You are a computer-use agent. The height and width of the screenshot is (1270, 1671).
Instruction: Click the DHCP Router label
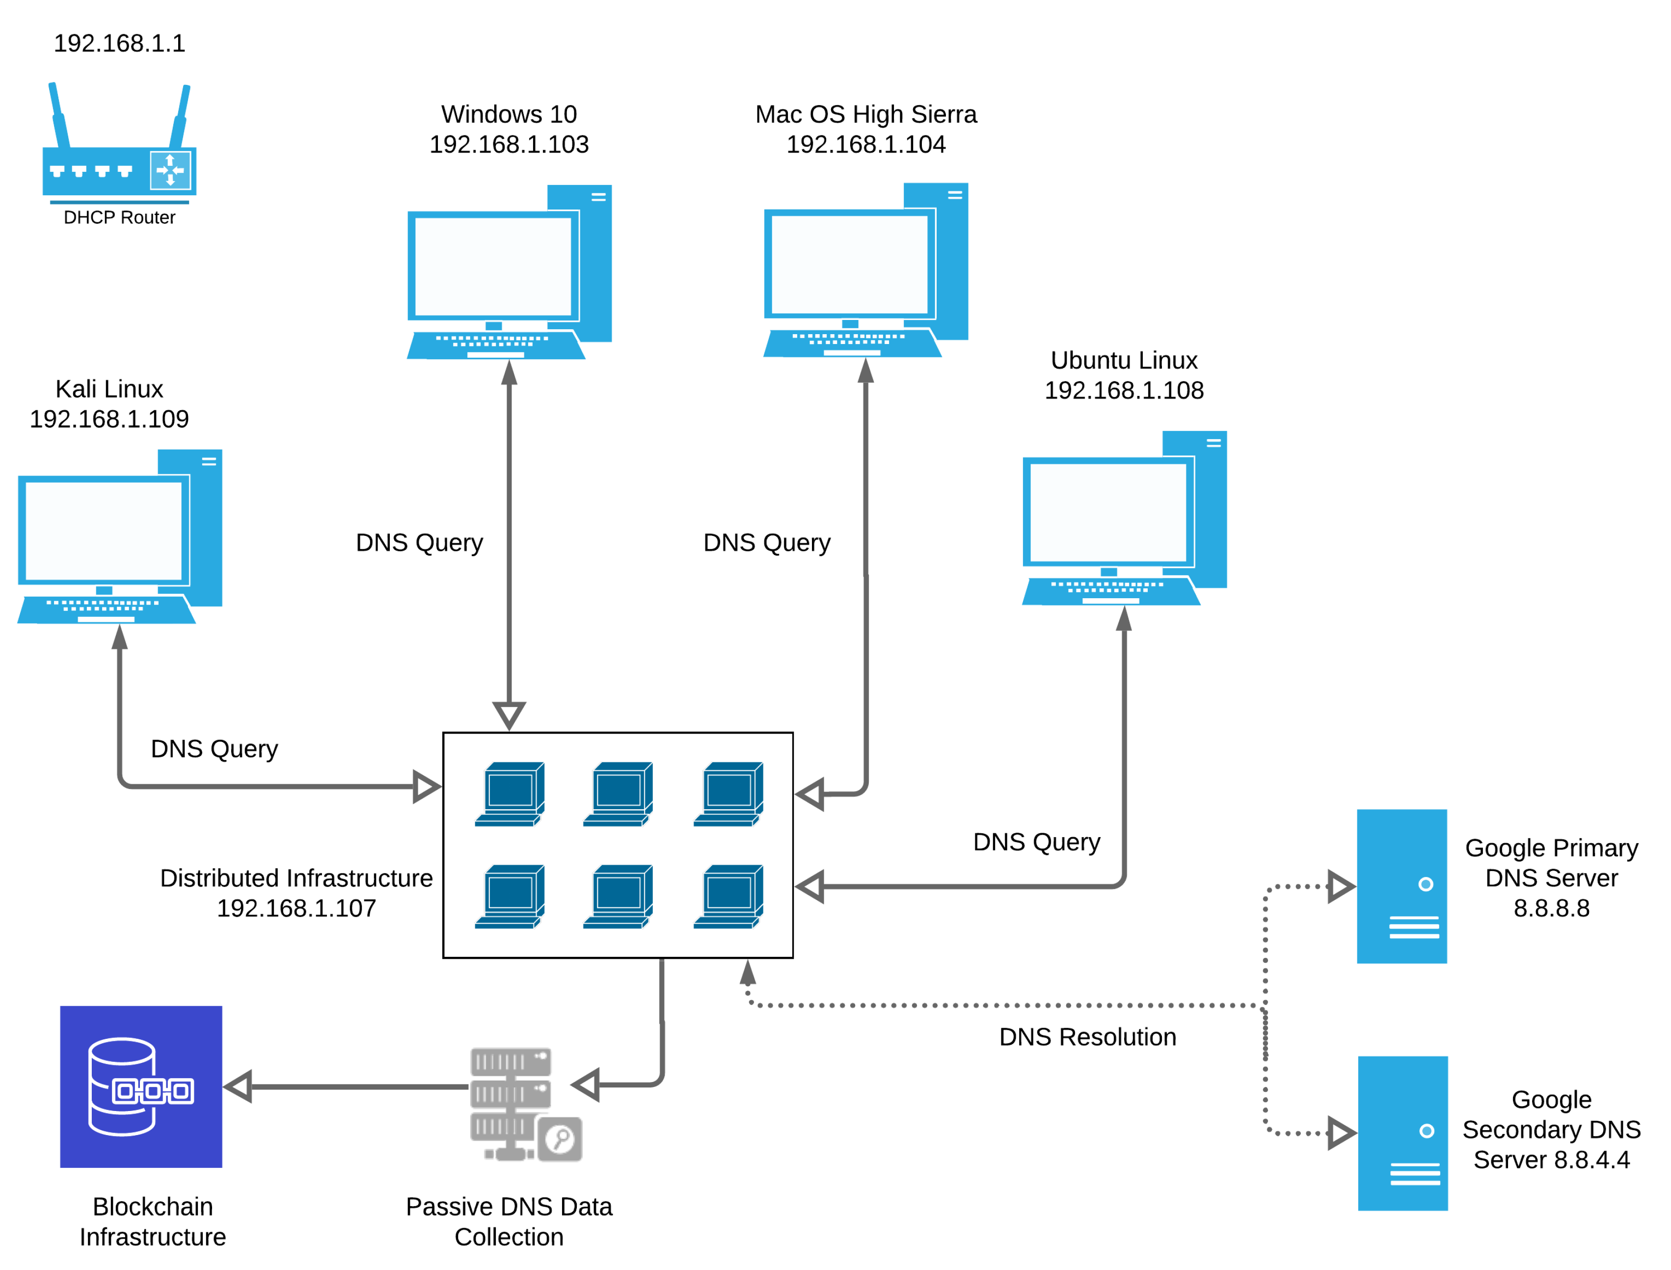click(x=119, y=218)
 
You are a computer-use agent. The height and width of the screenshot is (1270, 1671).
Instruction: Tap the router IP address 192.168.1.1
click(x=119, y=43)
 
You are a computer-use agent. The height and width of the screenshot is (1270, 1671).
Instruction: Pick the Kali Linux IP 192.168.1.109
click(x=109, y=419)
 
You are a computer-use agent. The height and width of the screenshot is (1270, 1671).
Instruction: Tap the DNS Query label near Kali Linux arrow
click(x=214, y=748)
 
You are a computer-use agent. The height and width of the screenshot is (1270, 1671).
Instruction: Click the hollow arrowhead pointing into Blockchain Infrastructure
click(x=238, y=1086)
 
